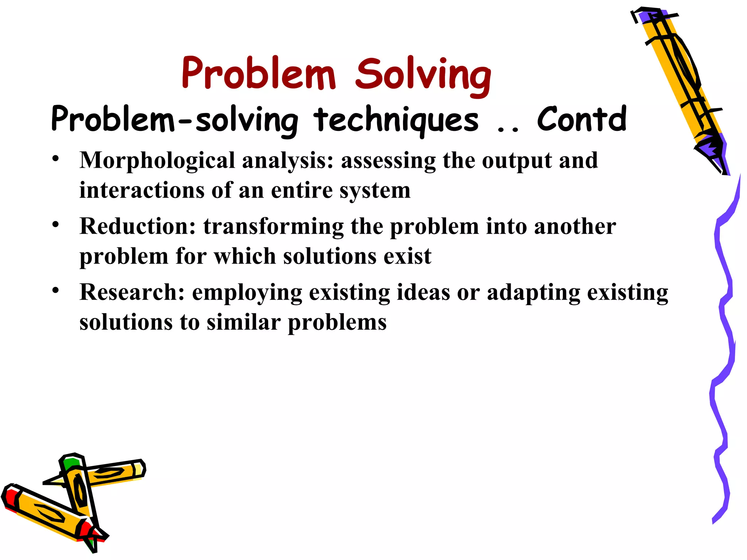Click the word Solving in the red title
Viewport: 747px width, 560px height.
tap(423, 75)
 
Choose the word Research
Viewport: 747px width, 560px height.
tap(132, 292)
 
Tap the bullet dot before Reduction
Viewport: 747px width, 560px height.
tap(55, 224)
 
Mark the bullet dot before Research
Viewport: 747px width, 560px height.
tap(55, 291)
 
